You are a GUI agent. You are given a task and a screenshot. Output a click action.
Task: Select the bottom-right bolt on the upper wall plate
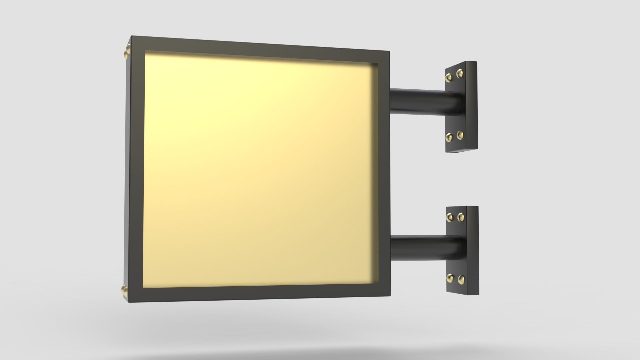pos(460,134)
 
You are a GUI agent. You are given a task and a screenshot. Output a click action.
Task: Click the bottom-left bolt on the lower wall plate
pos(450,277)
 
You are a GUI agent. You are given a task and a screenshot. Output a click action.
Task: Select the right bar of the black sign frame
pos(383,173)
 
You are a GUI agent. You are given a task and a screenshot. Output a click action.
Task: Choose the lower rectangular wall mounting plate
pos(462,250)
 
